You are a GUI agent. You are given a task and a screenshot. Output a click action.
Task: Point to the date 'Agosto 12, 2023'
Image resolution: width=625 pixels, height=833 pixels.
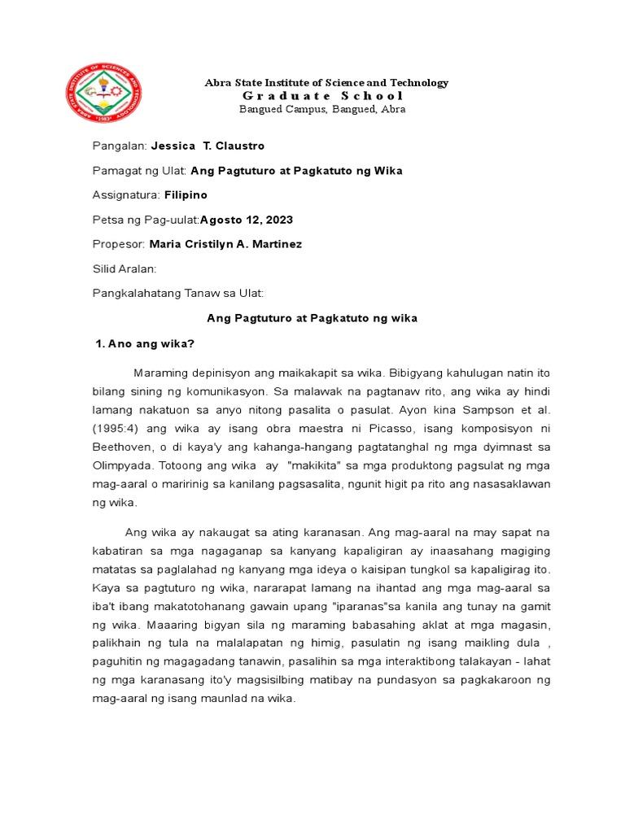[247, 220]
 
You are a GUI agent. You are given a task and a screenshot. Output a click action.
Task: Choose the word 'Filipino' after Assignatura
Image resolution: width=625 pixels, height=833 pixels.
[186, 195]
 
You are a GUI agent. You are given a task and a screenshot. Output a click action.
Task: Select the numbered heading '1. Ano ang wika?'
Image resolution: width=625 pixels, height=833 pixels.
[145, 343]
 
